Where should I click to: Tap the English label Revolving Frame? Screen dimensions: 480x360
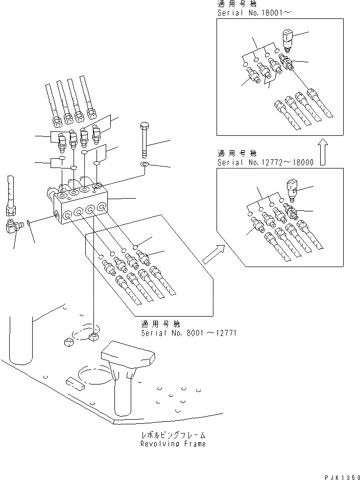[x=173, y=444]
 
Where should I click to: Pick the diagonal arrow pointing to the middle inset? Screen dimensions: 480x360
[x=213, y=253]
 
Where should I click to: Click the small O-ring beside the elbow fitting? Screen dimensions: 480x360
[x=29, y=223]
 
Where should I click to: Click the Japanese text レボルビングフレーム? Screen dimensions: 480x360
[x=173, y=435]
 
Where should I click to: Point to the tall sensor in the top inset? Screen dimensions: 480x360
[x=287, y=39]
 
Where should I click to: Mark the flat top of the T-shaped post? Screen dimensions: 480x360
[x=128, y=353]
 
